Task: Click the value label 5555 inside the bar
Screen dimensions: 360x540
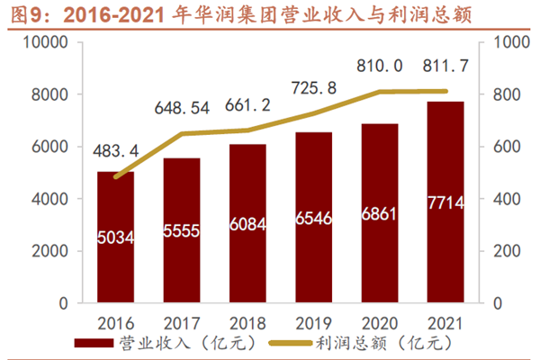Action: coord(181,231)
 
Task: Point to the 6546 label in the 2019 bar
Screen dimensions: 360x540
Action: coord(312,219)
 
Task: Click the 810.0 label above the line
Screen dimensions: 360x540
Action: coord(379,65)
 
